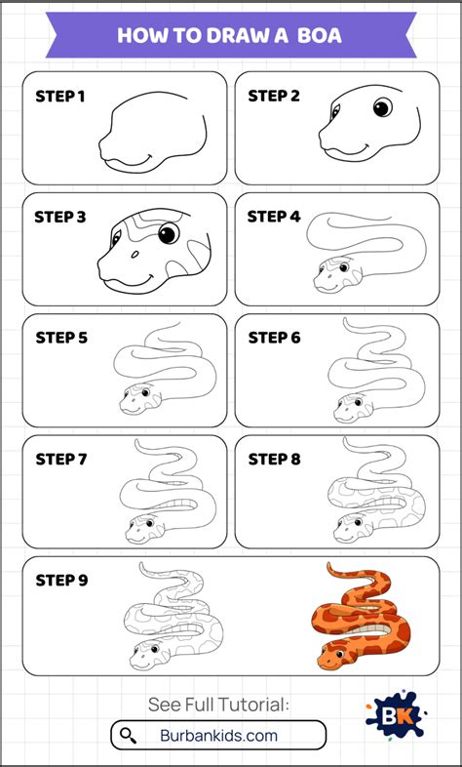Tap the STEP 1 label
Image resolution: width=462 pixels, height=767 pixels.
[x=61, y=96]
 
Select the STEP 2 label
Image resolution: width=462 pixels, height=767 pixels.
[x=274, y=96]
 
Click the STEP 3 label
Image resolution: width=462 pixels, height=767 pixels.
[x=61, y=217]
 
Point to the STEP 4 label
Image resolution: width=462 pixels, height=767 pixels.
[x=274, y=217]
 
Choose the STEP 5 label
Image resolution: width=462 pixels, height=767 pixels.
[x=61, y=338]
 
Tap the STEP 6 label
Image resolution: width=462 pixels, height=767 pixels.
[x=274, y=338]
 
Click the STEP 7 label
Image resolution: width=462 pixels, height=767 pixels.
[x=61, y=459]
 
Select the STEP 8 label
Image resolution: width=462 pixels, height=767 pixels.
[x=274, y=459]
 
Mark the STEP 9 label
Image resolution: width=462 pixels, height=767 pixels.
[x=61, y=580]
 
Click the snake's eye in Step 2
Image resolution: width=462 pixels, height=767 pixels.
[x=383, y=106]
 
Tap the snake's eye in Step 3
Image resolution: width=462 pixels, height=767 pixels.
[x=169, y=233]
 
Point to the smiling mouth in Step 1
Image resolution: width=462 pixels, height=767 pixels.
[x=136, y=158]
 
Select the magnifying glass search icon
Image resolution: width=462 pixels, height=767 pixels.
[x=128, y=735]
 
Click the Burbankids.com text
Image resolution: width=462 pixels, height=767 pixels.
[x=218, y=735]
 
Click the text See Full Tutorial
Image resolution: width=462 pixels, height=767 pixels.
[x=218, y=705]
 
